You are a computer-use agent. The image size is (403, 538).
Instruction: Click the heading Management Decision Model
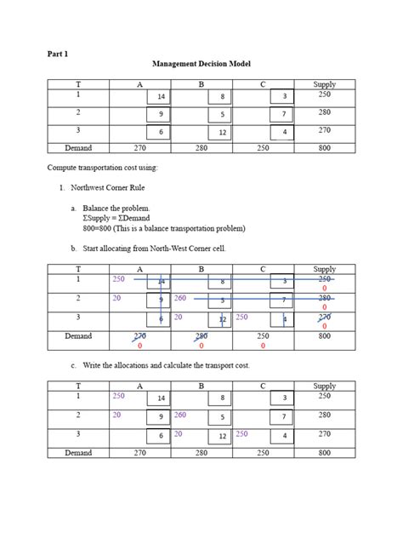click(201, 65)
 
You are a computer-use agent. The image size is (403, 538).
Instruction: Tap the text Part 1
click(58, 54)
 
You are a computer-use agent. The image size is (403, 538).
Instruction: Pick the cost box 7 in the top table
click(284, 114)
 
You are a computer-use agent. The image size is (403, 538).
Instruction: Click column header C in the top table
click(263, 84)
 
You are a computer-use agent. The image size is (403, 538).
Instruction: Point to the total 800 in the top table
click(324, 147)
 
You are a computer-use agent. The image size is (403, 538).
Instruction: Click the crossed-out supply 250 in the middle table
click(324, 278)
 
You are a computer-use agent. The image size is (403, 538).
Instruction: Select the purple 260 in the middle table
click(179, 298)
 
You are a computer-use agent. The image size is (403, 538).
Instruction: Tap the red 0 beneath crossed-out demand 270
click(139, 346)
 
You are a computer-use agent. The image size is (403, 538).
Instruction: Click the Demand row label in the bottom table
click(78, 453)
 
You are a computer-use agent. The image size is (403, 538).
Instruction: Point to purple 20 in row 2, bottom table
click(116, 415)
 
